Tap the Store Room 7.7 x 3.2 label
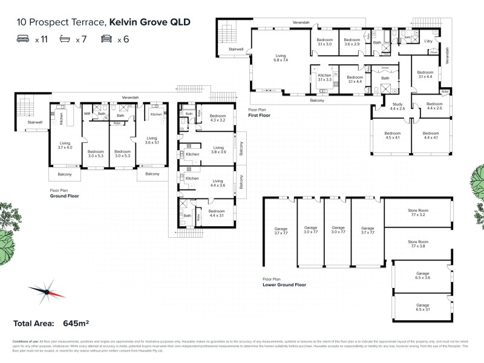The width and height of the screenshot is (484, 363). pyautogui.click(x=418, y=212)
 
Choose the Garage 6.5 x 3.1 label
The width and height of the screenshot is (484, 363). pyautogui.click(x=422, y=307)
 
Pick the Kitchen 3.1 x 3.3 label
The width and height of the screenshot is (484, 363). pyautogui.click(x=325, y=77)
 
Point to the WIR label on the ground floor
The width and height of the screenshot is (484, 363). pyautogui.click(x=87, y=113)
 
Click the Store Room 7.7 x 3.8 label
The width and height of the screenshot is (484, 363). pyautogui.click(x=418, y=244)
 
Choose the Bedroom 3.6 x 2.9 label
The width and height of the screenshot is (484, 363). pyautogui.click(x=353, y=42)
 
